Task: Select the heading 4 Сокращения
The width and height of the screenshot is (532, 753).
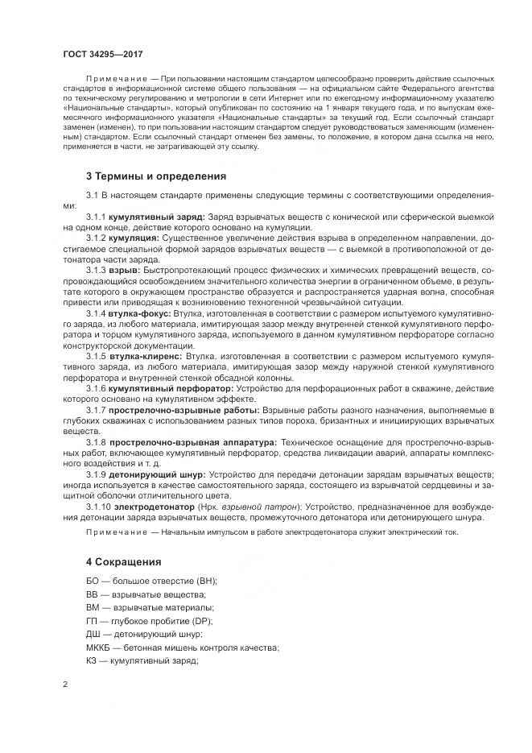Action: point(124,561)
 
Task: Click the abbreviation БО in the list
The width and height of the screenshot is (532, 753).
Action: point(93,581)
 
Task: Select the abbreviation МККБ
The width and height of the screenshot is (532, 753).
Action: point(99,647)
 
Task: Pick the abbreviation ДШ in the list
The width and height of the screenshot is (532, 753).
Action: point(94,634)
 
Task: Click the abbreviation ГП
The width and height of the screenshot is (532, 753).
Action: point(93,620)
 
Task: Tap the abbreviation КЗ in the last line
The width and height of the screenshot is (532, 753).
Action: point(93,660)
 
